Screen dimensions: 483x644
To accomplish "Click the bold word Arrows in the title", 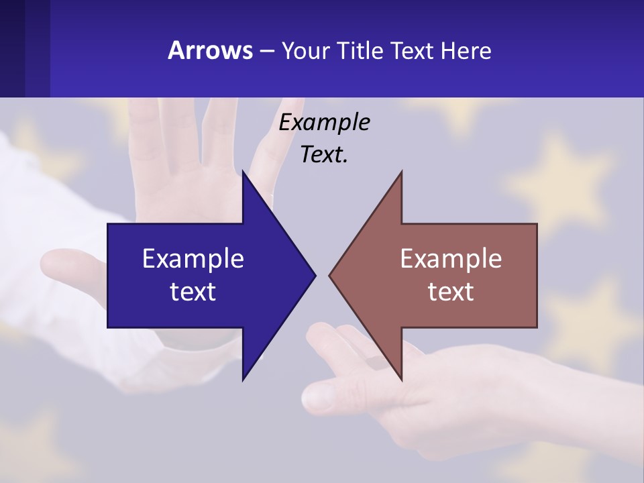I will click(210, 50).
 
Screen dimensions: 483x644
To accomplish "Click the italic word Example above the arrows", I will click(325, 122).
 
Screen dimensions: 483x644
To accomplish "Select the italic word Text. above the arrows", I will click(325, 155).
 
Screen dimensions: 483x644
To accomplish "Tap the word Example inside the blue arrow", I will click(193, 258).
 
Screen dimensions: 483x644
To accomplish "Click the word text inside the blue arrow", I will click(193, 291).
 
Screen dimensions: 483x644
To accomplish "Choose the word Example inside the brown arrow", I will click(451, 258).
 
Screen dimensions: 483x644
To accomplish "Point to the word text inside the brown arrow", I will click(451, 291).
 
